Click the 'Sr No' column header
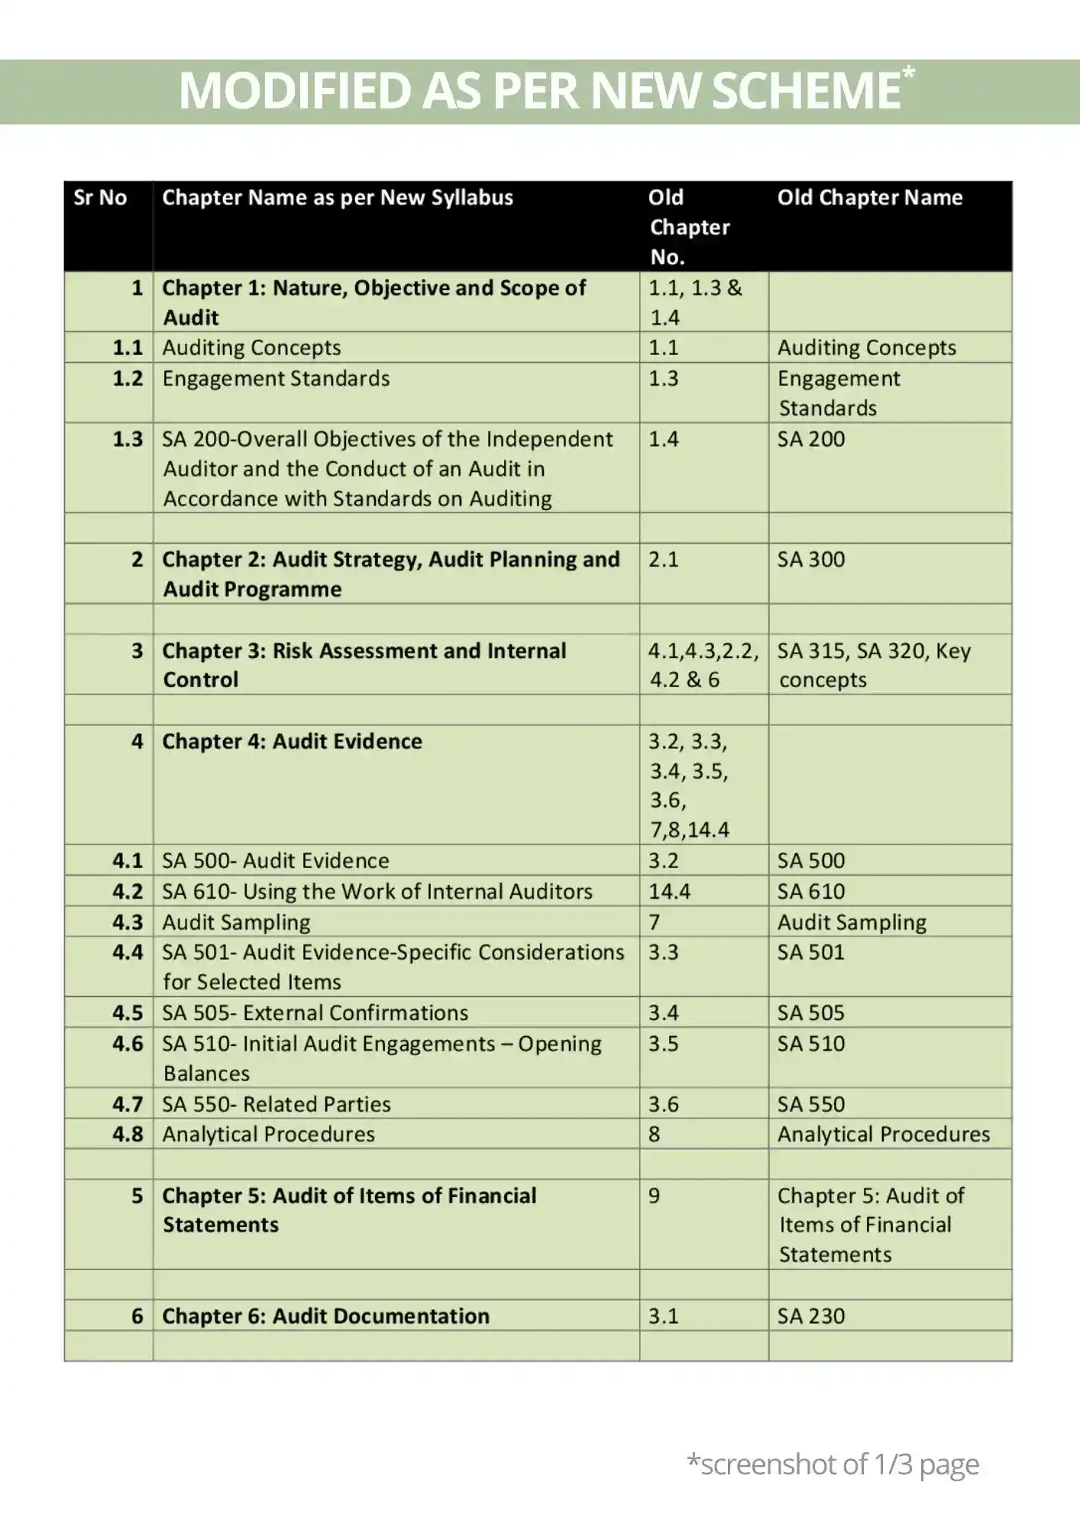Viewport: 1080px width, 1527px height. pos(100,198)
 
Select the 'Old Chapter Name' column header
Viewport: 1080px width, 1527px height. pos(870,198)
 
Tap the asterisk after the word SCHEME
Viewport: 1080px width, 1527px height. pos(908,73)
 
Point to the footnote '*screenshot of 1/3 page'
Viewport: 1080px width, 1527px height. pos(833,1464)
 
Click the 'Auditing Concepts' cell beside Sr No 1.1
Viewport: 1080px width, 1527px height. pos(251,347)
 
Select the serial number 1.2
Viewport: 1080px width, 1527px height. pos(128,379)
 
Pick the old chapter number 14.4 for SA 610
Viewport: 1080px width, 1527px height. pos(669,891)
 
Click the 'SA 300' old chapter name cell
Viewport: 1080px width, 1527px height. pos(811,560)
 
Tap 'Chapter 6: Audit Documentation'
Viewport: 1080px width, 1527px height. pos(325,1316)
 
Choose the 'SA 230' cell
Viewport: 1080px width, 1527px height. pos(811,1316)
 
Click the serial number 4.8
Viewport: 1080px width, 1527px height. pos(128,1134)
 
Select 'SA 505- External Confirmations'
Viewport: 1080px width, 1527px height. pos(315,1012)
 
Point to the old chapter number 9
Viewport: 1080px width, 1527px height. pos(655,1196)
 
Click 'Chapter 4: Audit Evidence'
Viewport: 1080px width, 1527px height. pos(292,741)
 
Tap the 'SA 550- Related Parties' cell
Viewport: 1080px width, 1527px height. pos(276,1104)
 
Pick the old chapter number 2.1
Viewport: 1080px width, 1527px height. pos(663,560)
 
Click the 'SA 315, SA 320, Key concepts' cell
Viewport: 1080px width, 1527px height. pos(874,665)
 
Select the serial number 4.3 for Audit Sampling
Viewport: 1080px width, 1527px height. pos(128,922)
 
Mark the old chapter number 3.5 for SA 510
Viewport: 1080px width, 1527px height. pos(663,1044)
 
